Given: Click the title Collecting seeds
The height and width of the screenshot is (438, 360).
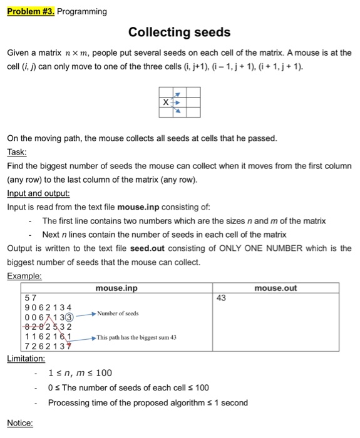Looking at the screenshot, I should [x=179, y=32].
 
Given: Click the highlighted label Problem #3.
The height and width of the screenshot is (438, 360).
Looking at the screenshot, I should [x=31, y=11].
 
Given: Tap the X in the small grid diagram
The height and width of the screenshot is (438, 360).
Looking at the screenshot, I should [x=165, y=101].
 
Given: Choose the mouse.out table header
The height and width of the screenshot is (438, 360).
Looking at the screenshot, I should [x=276, y=288].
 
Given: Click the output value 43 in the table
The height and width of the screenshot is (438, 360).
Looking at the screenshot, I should [x=221, y=298].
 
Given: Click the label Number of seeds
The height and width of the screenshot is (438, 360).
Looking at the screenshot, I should [x=118, y=313].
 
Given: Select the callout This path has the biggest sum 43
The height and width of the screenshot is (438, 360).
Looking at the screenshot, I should [x=137, y=337].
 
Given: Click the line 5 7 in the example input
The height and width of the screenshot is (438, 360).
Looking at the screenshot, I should [x=30, y=298].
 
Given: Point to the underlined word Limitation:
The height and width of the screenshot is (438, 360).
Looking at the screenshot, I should [x=26, y=359].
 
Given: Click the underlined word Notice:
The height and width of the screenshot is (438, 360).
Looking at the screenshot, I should [x=20, y=424].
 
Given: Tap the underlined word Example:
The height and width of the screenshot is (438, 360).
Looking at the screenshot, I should [x=24, y=276].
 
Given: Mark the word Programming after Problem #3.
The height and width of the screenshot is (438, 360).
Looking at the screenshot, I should [x=82, y=11].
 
